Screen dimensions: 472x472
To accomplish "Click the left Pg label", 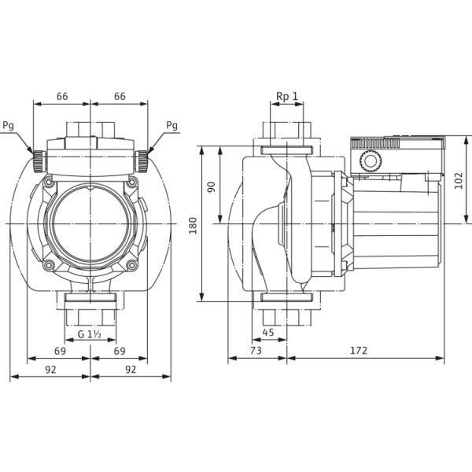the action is [x=9, y=125].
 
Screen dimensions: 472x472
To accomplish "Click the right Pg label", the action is [x=171, y=125].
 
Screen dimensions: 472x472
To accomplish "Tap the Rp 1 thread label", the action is [x=287, y=96].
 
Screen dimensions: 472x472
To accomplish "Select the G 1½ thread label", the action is [x=90, y=334].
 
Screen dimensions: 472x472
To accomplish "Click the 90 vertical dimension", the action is [x=212, y=187].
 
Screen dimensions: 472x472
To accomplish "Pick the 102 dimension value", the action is [x=458, y=181].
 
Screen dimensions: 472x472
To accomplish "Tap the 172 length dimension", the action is [x=359, y=351].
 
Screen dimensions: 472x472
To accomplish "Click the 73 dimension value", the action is [x=256, y=351].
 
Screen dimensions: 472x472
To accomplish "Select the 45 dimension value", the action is [x=268, y=332].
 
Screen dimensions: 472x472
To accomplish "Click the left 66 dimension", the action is [x=62, y=96].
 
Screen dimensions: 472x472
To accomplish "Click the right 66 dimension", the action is [x=120, y=96].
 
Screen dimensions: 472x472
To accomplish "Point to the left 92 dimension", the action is [x=50, y=370].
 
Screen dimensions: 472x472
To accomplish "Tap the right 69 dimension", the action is [x=120, y=351].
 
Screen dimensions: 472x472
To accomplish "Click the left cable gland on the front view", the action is [x=39, y=161].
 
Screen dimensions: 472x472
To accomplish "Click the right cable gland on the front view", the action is [x=142, y=161].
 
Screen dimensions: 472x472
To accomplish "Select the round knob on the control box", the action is [x=371, y=160].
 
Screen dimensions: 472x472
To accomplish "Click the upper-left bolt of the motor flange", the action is [x=49, y=183].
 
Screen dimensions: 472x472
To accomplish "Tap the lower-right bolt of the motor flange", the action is [x=131, y=265].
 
